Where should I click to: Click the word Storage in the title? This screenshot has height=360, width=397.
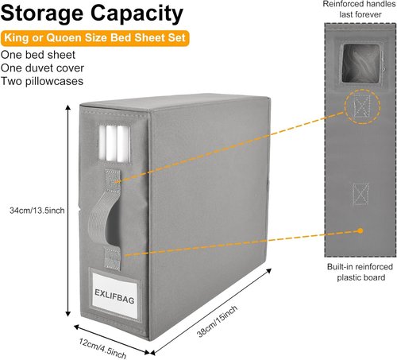[x=42, y=14]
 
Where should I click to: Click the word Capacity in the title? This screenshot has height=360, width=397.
[x=137, y=14]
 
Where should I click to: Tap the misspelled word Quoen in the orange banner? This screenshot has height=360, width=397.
[x=64, y=37]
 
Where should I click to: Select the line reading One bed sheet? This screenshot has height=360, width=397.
[x=38, y=55]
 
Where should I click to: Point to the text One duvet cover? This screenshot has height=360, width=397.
[x=42, y=68]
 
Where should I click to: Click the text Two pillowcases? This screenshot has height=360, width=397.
[x=42, y=81]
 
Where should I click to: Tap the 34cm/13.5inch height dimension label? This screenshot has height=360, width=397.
[x=37, y=211]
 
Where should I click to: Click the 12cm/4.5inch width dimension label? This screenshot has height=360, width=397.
[x=102, y=348]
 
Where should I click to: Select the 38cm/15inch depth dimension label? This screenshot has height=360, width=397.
[x=218, y=321]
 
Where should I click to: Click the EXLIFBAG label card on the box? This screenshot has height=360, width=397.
[x=114, y=295]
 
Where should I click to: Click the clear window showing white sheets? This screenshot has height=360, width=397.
[x=114, y=143]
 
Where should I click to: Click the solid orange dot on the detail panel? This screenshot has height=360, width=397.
[x=360, y=230]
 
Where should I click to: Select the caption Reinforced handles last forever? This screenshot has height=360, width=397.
[x=359, y=10]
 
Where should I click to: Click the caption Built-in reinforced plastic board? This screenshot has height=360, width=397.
[x=360, y=272]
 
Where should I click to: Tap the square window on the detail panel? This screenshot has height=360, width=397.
[x=361, y=64]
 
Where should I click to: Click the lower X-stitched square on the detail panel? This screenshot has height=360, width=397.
[x=360, y=194]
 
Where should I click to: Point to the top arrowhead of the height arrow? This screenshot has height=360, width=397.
[x=68, y=106]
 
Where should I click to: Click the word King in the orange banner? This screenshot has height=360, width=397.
[x=16, y=37]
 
